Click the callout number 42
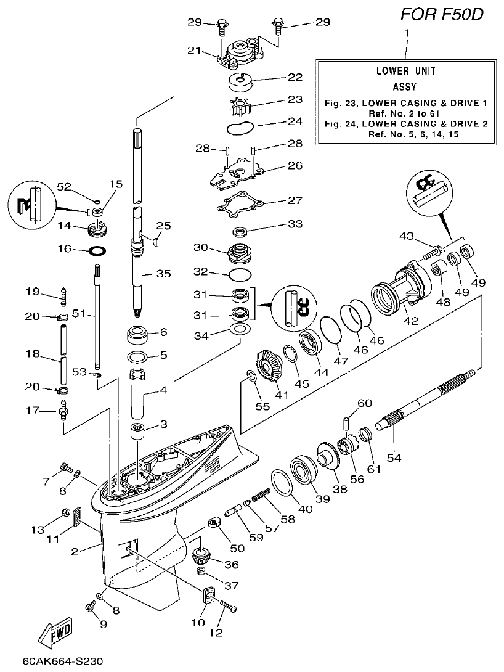tap(410, 321)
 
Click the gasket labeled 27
tap(242, 206)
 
